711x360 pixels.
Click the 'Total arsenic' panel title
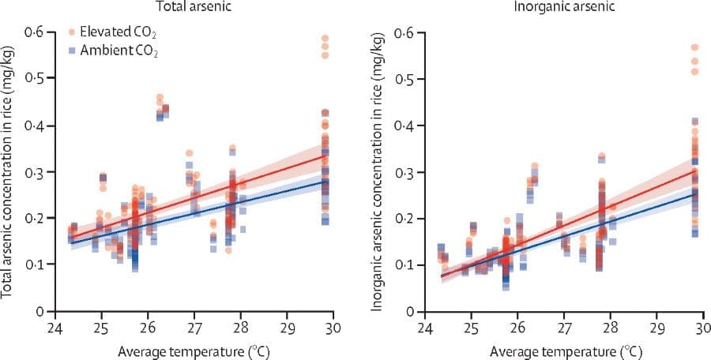(x=195, y=6)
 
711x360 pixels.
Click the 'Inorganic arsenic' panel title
(x=564, y=6)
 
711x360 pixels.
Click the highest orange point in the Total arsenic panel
(x=324, y=38)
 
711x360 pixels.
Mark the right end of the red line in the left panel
(x=324, y=155)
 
